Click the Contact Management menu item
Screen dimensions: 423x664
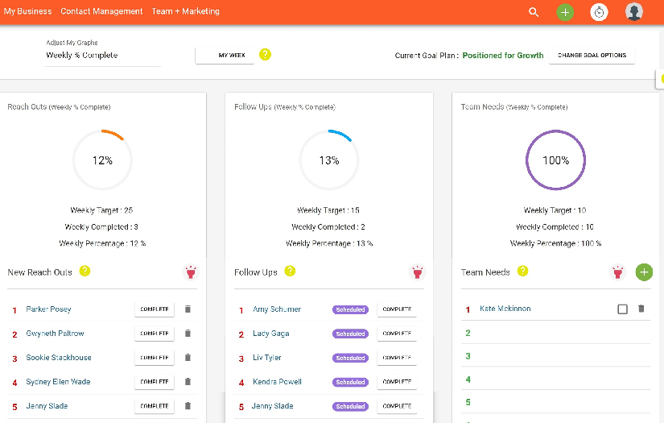point(101,11)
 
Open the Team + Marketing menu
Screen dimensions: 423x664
point(185,11)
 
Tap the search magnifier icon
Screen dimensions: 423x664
point(534,12)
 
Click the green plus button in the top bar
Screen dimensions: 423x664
point(565,12)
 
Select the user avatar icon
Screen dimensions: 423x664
point(634,12)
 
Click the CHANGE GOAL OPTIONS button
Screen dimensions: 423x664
point(592,56)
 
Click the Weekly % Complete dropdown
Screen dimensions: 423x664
point(102,56)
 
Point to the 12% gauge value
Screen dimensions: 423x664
point(102,160)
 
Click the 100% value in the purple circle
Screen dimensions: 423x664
point(555,160)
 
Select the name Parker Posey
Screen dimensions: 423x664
point(49,309)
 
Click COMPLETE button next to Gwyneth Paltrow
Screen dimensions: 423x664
point(154,334)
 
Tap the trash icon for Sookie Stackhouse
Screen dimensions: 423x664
point(188,358)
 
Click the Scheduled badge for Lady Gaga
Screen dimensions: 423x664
point(350,334)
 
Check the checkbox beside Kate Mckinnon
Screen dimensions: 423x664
point(622,309)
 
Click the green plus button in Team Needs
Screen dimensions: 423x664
point(644,272)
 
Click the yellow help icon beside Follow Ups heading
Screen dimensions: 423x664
point(290,272)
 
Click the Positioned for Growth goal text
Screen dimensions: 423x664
point(503,56)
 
